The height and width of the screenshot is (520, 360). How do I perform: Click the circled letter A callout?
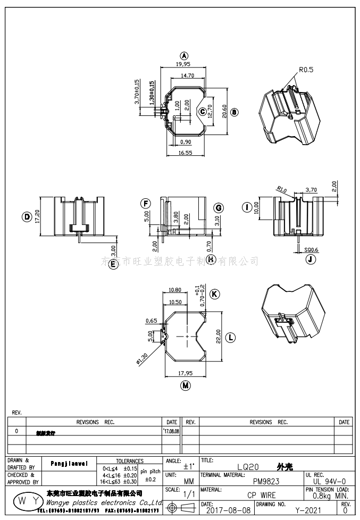185,56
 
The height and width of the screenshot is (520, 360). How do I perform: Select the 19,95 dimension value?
183,64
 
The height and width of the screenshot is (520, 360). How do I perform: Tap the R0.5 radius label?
306,69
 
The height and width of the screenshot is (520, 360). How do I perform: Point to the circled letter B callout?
235,112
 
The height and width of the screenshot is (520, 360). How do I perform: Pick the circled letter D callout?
26,216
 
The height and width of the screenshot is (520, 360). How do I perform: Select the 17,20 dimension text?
38,216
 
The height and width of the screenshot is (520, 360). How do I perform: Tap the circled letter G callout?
219,207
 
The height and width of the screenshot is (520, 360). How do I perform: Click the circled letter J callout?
311,259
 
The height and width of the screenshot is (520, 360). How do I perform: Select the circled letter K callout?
214,294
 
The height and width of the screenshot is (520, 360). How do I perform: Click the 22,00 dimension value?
218,337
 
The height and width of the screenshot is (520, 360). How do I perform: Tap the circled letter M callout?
186,385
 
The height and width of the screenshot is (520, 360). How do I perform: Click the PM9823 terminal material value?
266,481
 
